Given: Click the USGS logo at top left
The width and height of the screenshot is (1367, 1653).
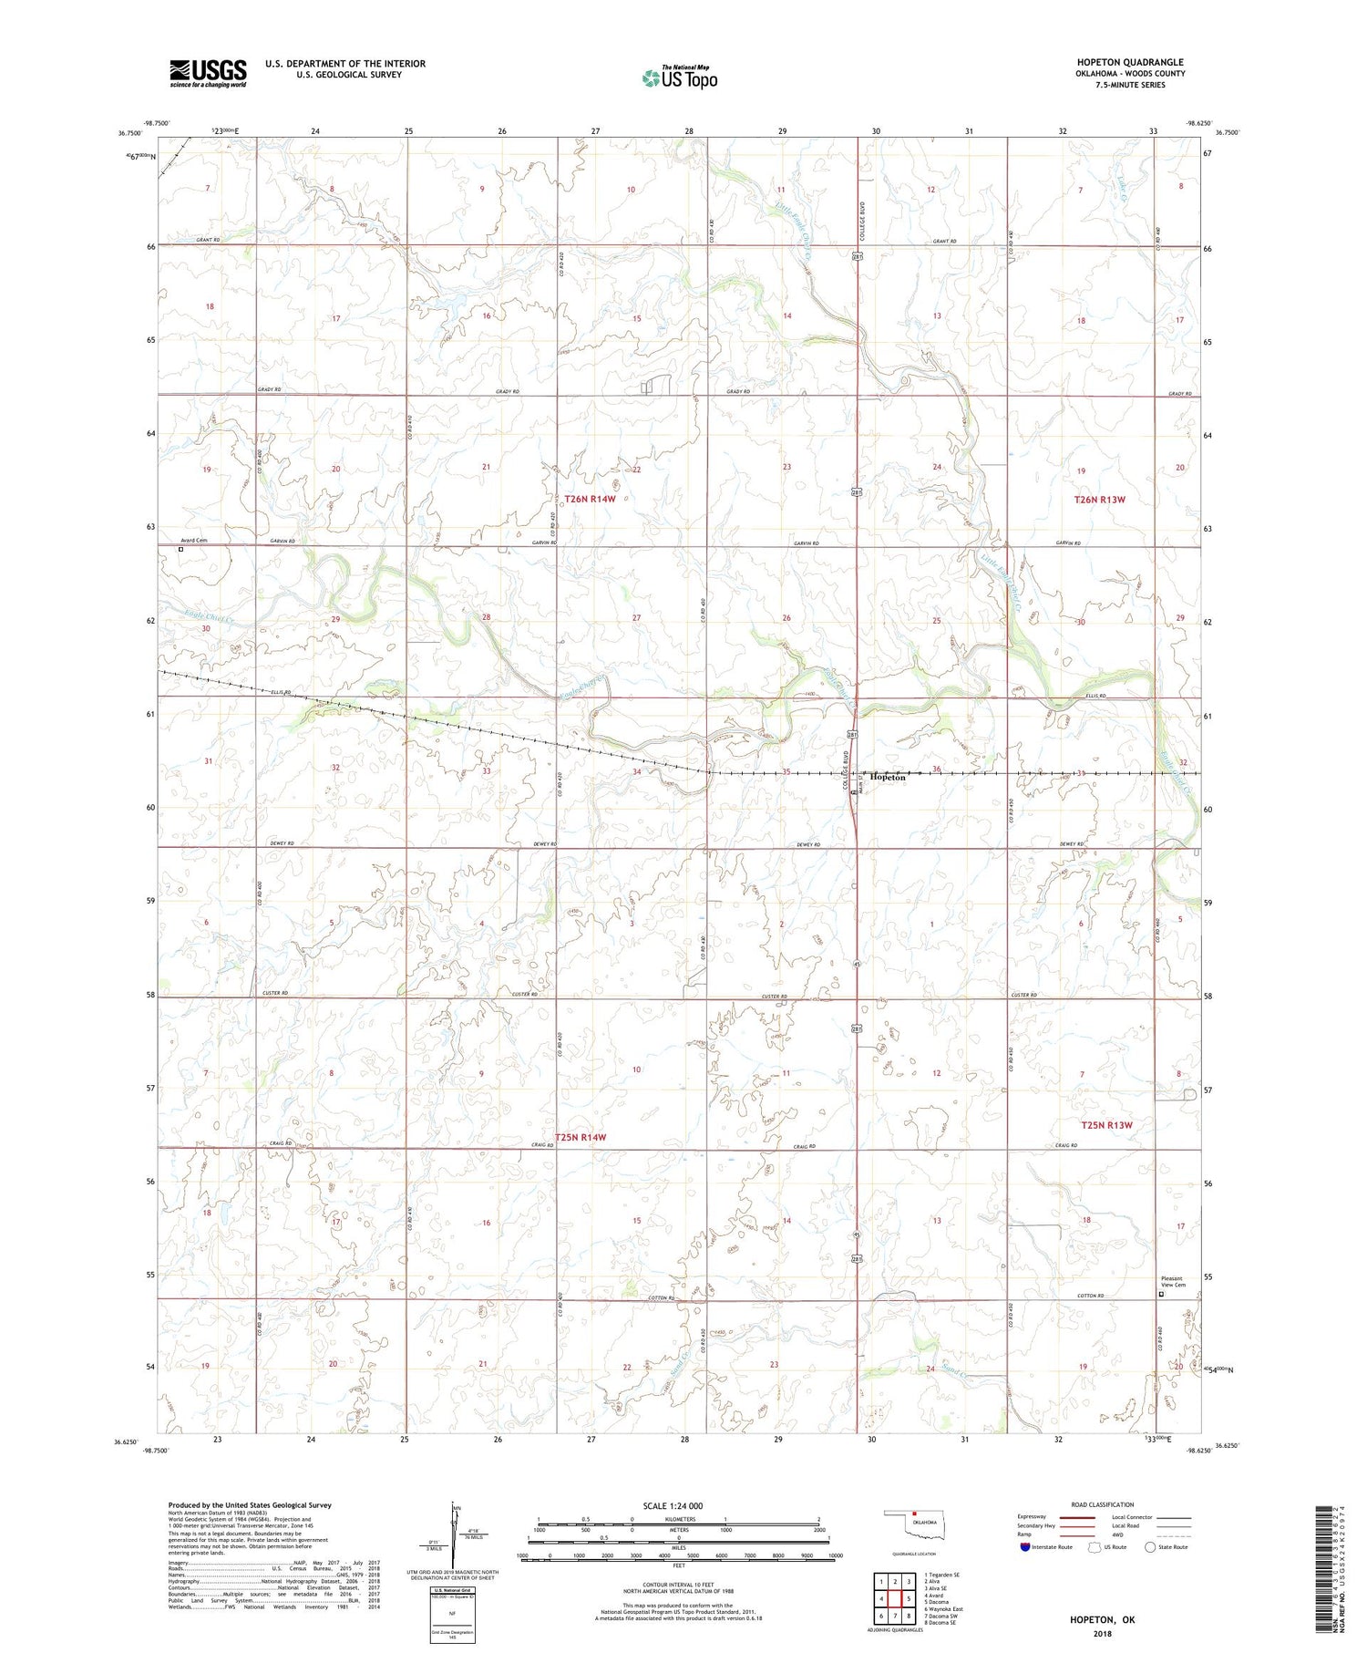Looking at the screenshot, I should [x=208, y=73].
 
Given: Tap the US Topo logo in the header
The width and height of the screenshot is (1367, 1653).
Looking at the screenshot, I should [x=679, y=78].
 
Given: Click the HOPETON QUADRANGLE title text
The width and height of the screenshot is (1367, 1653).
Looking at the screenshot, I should [x=1130, y=62].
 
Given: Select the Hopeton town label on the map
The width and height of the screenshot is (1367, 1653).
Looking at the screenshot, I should [x=887, y=778].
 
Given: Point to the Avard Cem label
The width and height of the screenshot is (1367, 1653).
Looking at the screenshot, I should [x=193, y=541].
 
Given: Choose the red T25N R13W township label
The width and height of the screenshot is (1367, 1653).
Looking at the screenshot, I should [x=1106, y=1125].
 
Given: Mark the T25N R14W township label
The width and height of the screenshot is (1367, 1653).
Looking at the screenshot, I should [x=572, y=1137].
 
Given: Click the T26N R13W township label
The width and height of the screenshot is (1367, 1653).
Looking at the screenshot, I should [x=1099, y=500].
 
